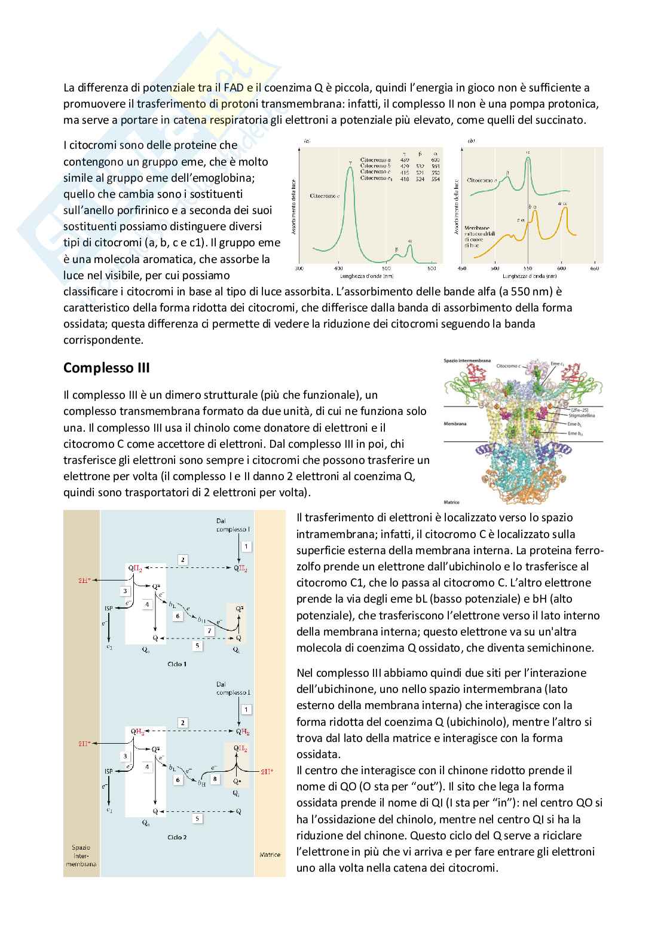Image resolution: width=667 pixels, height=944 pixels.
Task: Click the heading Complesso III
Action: tap(106, 368)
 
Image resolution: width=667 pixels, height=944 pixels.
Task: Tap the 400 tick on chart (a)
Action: tap(339, 269)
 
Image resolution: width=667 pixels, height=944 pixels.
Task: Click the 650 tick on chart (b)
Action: tap(595, 269)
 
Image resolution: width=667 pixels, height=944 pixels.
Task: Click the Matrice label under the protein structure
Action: tap(452, 502)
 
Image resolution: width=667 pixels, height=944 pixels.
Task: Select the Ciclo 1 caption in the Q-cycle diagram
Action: tap(177, 664)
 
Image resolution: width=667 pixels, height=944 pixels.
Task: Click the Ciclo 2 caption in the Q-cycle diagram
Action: tap(178, 837)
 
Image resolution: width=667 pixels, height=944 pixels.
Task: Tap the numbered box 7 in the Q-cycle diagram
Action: tap(208, 631)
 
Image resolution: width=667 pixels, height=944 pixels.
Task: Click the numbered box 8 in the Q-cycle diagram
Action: tap(215, 779)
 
